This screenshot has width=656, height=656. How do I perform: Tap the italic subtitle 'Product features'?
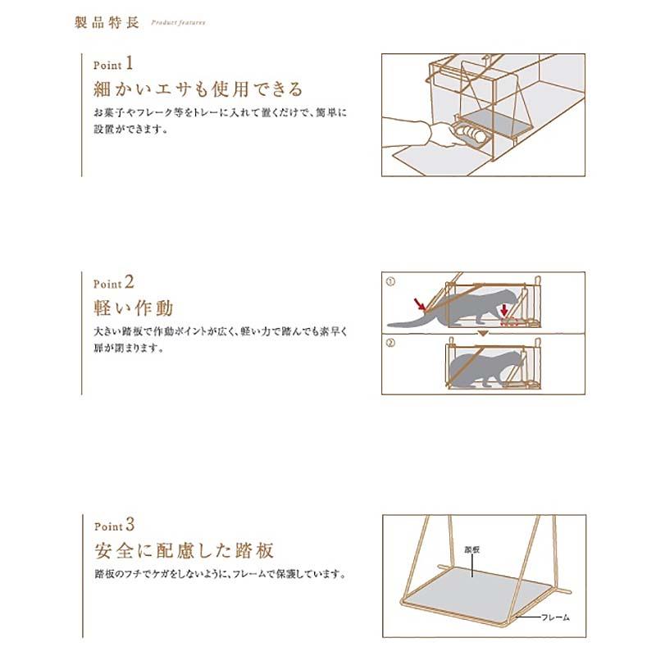tap(178, 23)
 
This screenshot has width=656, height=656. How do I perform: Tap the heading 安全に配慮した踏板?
tap(182, 549)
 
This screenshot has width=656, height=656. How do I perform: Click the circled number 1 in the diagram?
tap(391, 280)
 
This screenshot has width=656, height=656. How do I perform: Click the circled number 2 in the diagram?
tap(391, 342)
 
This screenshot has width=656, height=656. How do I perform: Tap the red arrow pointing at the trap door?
tap(421, 307)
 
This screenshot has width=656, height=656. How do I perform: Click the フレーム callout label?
tap(556, 616)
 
